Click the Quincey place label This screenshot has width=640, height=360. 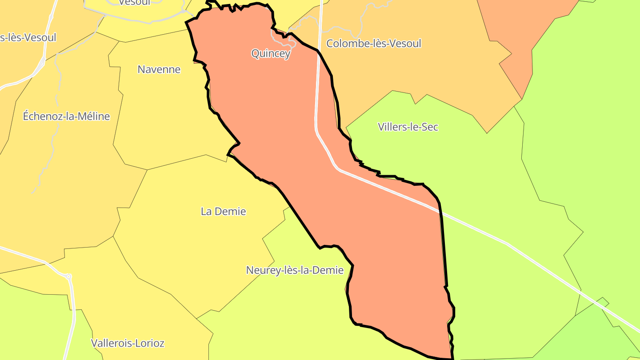coord(271,54)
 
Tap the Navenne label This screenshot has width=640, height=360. coord(159,69)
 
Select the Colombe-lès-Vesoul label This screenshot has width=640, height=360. coord(373,44)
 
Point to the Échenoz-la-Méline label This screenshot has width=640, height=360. coord(66,116)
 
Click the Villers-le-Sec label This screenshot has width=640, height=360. coord(408,127)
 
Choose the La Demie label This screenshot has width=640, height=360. coord(223,212)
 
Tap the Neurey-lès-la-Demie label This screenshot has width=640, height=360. coord(295,270)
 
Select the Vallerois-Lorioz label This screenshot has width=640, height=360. coord(128,343)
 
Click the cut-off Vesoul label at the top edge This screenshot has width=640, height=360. coord(135,3)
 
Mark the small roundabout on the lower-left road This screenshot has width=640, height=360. coord(68,276)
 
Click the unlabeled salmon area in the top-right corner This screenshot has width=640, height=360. coord(524,27)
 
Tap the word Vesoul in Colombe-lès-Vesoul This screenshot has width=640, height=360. coord(404,44)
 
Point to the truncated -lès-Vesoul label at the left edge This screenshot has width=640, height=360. coord(28,37)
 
